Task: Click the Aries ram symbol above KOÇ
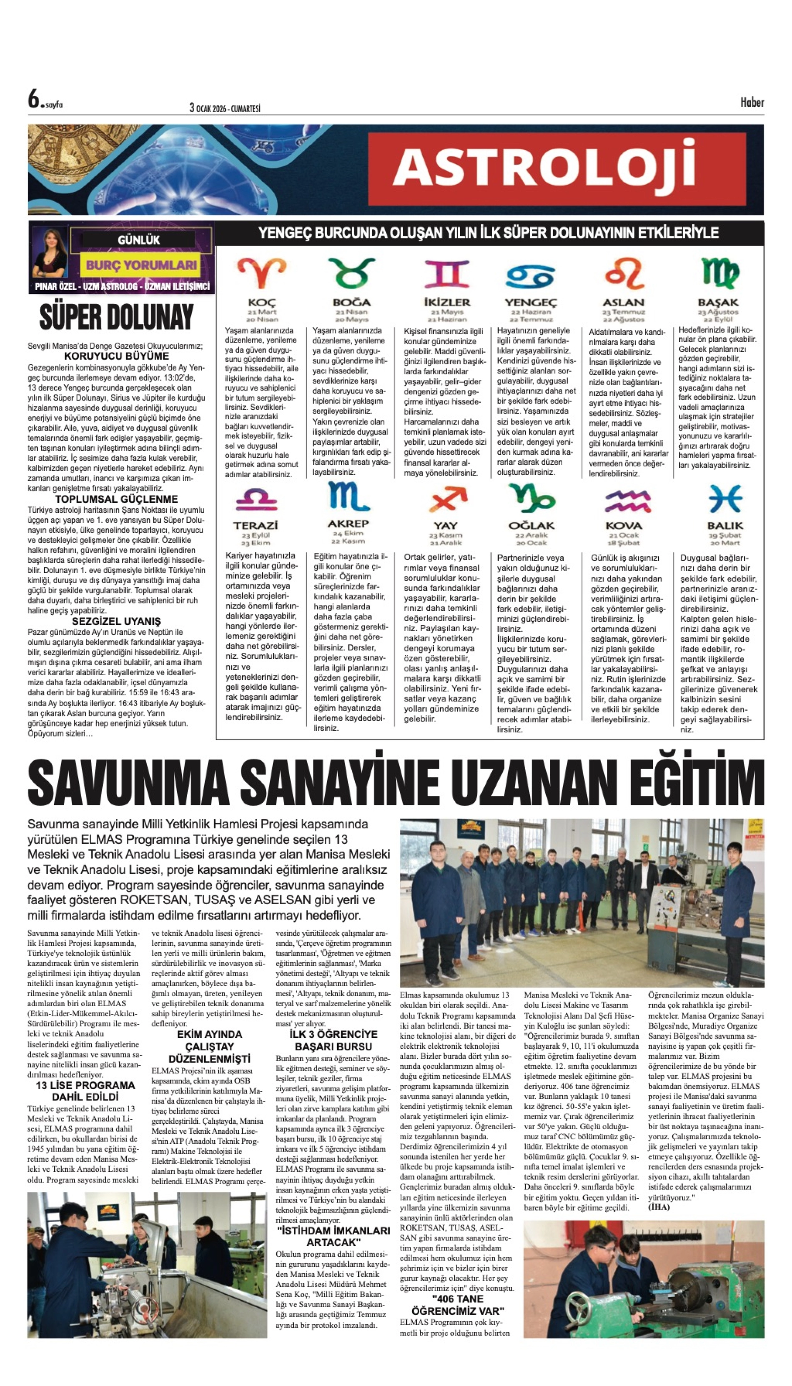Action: [262, 273]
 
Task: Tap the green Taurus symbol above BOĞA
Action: [351, 273]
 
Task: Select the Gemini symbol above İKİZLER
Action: [446, 273]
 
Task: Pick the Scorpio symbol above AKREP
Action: [348, 496]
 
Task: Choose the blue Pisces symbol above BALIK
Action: [724, 498]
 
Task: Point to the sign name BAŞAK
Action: [718, 303]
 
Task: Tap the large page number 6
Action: [34, 100]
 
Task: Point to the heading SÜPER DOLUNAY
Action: [116, 317]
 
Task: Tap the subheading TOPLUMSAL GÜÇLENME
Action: [116, 499]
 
